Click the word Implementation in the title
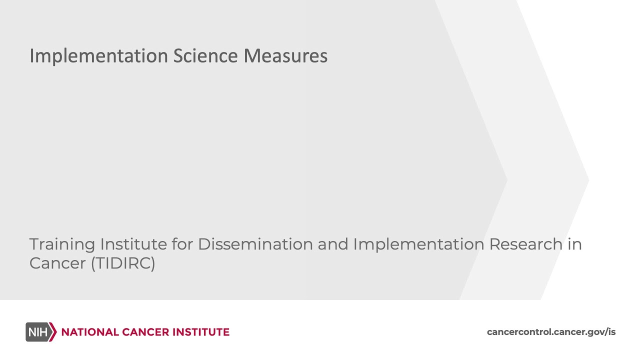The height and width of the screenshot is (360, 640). click(99, 56)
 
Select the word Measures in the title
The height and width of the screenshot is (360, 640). click(285, 56)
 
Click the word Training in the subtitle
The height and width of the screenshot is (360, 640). click(62, 244)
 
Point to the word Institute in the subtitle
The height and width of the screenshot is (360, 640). click(133, 244)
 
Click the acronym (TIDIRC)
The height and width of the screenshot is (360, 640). click(123, 263)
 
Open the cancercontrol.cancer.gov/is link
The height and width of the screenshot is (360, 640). click(551, 332)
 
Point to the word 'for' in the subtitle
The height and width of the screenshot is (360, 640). click(182, 244)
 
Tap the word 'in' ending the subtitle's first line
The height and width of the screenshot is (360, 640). click(575, 244)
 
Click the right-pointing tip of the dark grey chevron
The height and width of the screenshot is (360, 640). click(506, 180)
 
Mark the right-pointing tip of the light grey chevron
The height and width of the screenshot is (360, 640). click(587, 180)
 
